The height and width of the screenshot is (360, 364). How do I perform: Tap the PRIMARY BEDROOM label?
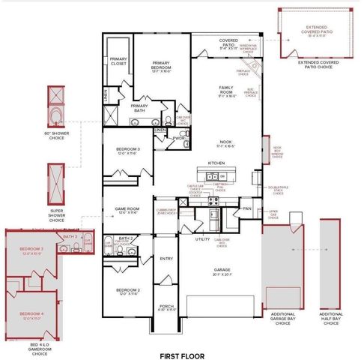[163, 66]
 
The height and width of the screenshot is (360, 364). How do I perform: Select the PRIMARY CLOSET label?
[118, 61]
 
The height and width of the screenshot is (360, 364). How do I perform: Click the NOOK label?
[225, 142]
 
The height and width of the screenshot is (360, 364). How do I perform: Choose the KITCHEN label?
[216, 162]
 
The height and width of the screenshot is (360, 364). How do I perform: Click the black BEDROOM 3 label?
[127, 150]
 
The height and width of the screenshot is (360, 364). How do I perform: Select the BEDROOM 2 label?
[127, 289]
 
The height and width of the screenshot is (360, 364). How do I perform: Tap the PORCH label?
[166, 306]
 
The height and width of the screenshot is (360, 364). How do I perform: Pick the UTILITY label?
[202, 238]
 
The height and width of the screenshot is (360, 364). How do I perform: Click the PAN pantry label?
[247, 208]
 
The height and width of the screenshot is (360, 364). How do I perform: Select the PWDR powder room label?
[178, 138]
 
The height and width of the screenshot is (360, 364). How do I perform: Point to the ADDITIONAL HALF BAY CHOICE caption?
[331, 318]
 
